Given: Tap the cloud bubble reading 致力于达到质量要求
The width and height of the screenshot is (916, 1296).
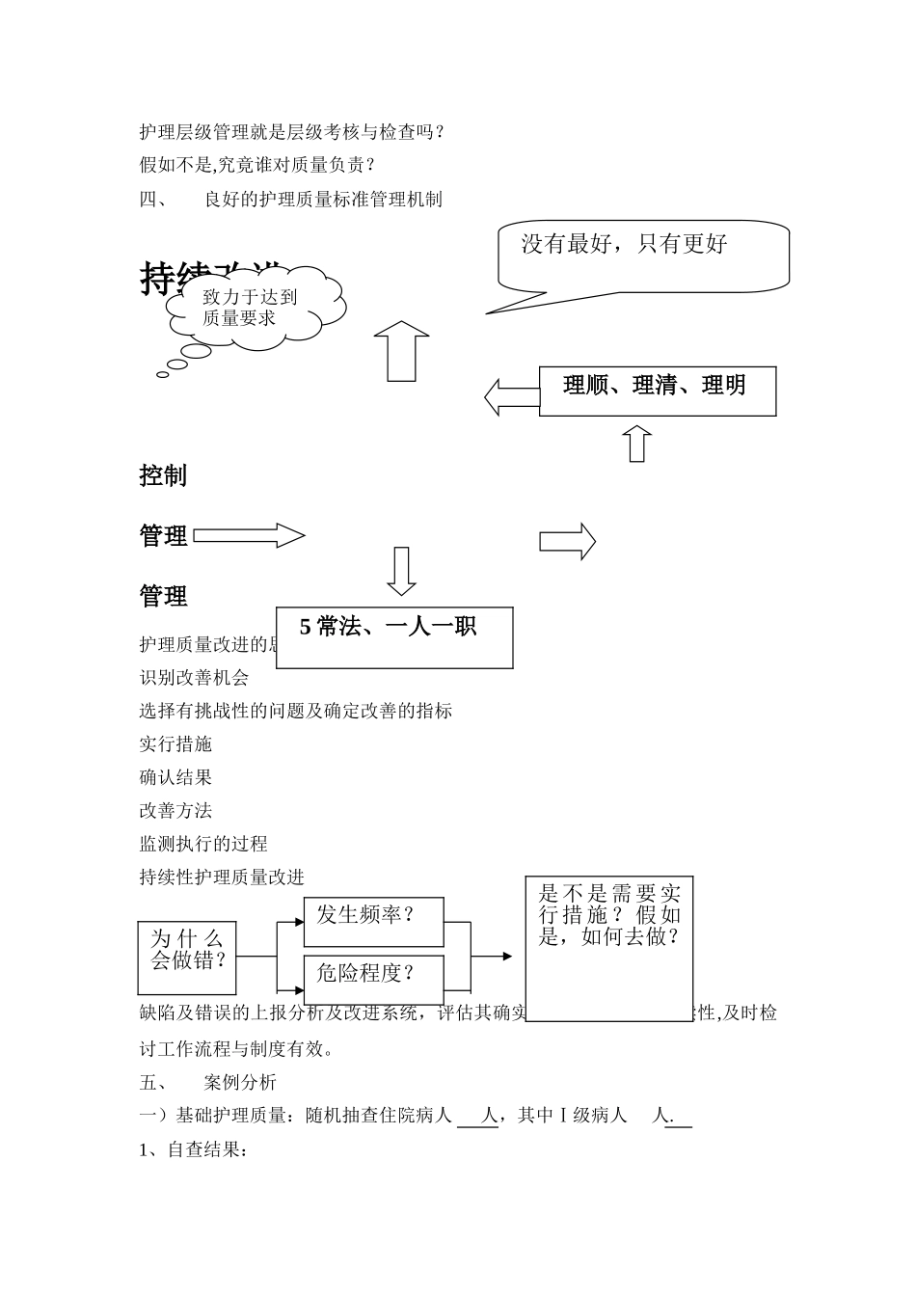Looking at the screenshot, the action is pyautogui.click(x=254, y=307).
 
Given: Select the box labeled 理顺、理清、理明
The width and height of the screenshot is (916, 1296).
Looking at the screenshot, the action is pyautogui.click(x=657, y=391).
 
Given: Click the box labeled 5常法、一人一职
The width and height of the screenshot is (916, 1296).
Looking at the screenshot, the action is pyautogui.click(x=393, y=636).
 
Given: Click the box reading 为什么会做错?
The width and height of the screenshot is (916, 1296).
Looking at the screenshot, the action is pyautogui.click(x=187, y=957).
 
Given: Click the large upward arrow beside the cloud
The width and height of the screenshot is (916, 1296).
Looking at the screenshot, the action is pyautogui.click(x=401, y=351).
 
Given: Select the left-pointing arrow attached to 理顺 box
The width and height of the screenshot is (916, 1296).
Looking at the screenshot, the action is pyautogui.click(x=511, y=396).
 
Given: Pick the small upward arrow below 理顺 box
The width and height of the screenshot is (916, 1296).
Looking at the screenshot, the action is pyautogui.click(x=636, y=443).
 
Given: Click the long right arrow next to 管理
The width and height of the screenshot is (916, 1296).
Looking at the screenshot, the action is pyautogui.click(x=249, y=535).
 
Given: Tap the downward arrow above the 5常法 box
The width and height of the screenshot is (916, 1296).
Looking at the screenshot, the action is pyautogui.click(x=401, y=571).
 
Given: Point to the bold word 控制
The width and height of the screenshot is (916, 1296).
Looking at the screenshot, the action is pyautogui.click(x=163, y=475).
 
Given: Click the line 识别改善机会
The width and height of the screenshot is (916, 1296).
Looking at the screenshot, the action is pyautogui.click(x=194, y=678).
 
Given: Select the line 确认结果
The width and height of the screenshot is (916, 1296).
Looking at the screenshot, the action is pyautogui.click(x=175, y=777).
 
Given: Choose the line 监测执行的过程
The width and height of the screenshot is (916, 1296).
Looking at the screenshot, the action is pyautogui.click(x=203, y=844).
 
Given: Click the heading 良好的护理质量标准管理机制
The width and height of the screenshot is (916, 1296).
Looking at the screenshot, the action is pyautogui.click(x=323, y=200).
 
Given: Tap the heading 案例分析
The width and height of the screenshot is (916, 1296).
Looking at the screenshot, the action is pyautogui.click(x=240, y=1082).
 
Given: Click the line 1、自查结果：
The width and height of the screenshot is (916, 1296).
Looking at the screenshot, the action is pyautogui.click(x=194, y=1149).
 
